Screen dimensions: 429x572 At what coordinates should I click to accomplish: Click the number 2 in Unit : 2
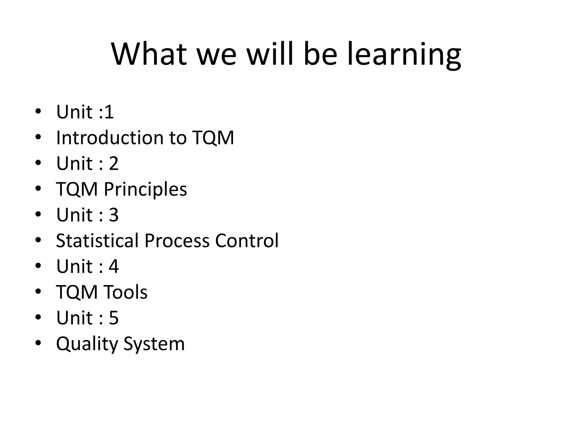coord(114,163)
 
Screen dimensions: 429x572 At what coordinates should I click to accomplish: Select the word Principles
coord(145,190)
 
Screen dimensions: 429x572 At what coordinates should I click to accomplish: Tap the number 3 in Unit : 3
coord(114,215)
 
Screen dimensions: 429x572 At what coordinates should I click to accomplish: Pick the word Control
coord(247,240)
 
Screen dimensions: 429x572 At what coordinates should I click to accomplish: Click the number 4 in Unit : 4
coord(114,266)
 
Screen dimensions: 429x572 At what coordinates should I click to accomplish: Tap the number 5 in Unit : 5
coord(114,318)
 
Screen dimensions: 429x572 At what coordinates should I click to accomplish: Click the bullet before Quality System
coord(38,343)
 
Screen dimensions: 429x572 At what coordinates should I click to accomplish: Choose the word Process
coord(177,240)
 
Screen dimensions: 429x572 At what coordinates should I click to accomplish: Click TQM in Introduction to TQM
coord(213,138)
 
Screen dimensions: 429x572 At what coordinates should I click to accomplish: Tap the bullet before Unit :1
coord(38,111)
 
